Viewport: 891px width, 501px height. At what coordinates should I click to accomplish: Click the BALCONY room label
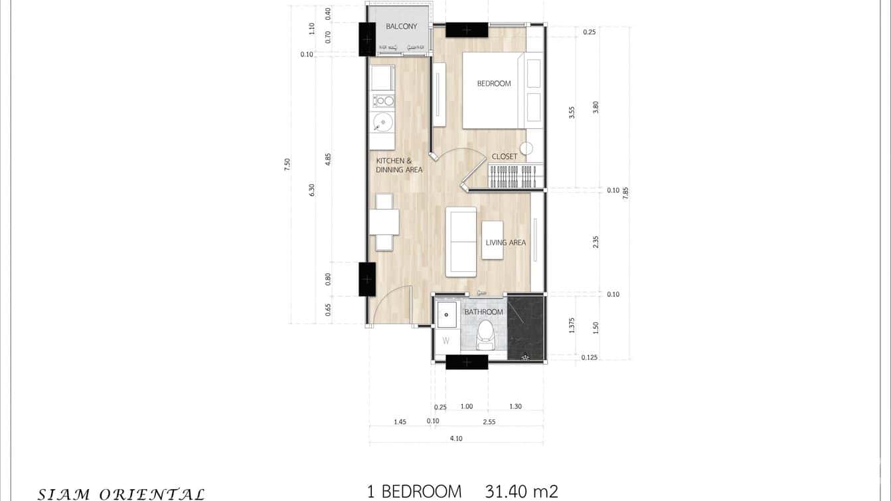click(x=401, y=27)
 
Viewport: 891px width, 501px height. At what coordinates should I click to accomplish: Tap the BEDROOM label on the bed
click(x=494, y=84)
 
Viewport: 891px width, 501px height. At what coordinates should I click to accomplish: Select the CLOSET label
click(x=504, y=157)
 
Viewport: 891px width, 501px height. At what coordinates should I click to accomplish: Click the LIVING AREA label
click(x=505, y=243)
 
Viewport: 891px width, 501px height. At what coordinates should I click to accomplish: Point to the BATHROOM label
click(x=483, y=312)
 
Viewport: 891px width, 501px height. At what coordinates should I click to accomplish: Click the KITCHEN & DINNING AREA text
click(x=399, y=165)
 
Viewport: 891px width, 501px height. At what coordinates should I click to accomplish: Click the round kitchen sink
click(x=382, y=122)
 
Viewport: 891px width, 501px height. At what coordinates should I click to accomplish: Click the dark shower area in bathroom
click(x=525, y=328)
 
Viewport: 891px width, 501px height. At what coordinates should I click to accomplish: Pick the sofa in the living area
click(x=461, y=242)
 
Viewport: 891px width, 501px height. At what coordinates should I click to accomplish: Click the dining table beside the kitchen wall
click(x=384, y=222)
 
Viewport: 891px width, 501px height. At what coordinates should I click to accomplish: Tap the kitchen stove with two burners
click(x=383, y=101)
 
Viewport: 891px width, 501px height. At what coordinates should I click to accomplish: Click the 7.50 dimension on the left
click(x=287, y=165)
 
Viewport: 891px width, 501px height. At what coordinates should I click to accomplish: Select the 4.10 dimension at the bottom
click(x=455, y=438)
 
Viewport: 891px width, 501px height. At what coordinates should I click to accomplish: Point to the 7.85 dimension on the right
click(x=625, y=192)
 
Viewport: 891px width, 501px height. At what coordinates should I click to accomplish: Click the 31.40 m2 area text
click(x=521, y=492)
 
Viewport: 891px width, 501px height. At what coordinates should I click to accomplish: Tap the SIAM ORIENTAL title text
click(x=121, y=494)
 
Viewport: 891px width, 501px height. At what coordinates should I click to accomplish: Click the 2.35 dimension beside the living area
click(x=596, y=242)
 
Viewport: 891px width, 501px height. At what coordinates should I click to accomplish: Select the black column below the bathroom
click(x=466, y=362)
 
